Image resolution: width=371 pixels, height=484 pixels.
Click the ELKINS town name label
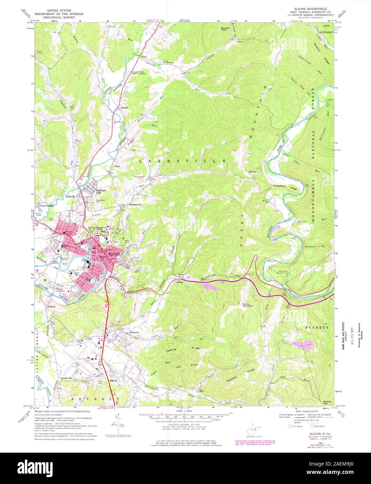pyautogui.click(x=114, y=254)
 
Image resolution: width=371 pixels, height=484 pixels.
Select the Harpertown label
pyautogui.click(x=136, y=205)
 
